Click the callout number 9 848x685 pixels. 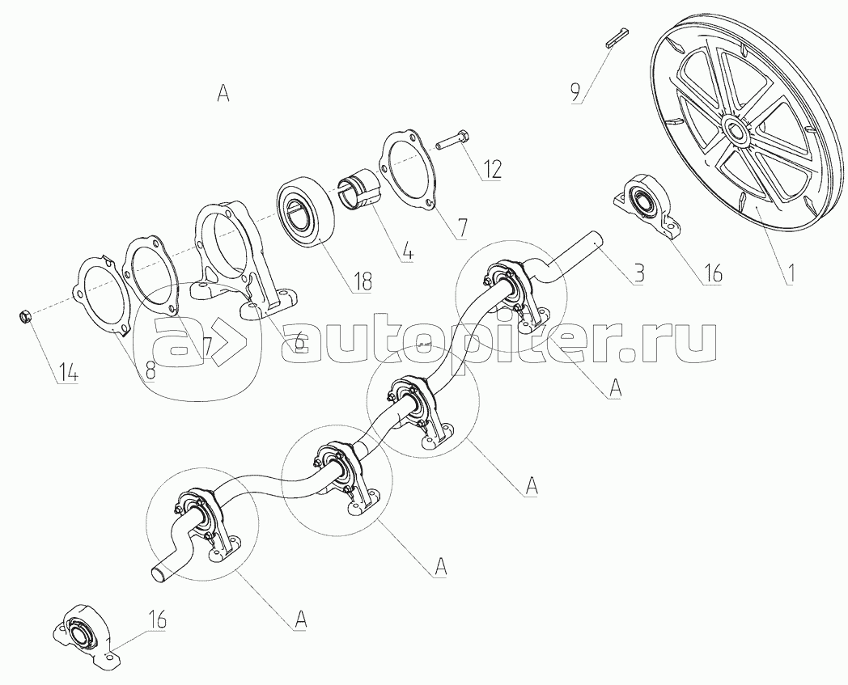pyautogui.click(x=575, y=93)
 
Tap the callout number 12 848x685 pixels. pyautogui.click(x=490, y=170)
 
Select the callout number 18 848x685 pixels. pyautogui.click(x=362, y=281)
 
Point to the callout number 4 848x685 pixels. pyautogui.click(x=408, y=252)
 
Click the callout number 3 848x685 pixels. pyautogui.click(x=638, y=273)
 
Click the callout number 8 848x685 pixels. pyautogui.click(x=150, y=370)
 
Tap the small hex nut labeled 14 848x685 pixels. pyautogui.click(x=25, y=315)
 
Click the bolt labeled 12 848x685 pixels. pyautogui.click(x=453, y=141)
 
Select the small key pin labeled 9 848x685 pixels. pyautogui.click(x=616, y=37)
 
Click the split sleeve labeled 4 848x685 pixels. pyautogui.click(x=359, y=192)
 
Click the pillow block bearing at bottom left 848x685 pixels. pyautogui.click(x=87, y=636)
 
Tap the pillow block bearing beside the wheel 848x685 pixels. pyautogui.click(x=645, y=207)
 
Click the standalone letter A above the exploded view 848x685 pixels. pyautogui.click(x=223, y=93)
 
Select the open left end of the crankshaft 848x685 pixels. pyautogui.click(x=159, y=574)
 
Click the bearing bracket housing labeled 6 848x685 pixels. pyautogui.click(x=244, y=260)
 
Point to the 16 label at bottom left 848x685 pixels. pyautogui.click(x=155, y=619)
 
